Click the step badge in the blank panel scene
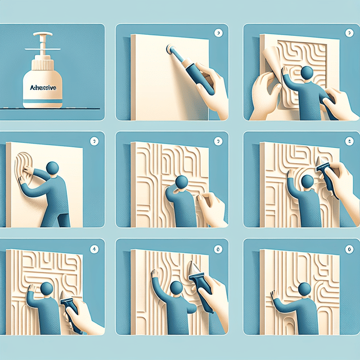click(x=218, y=33)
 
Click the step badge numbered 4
click(x=94, y=248)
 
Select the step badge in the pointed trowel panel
click(x=218, y=248)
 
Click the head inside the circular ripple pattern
click(x=307, y=181)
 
